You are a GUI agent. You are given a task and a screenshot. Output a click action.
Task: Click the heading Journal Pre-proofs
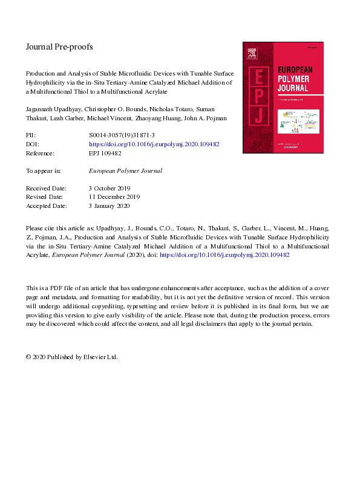59,47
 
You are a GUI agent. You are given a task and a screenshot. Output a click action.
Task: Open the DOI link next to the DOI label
154,145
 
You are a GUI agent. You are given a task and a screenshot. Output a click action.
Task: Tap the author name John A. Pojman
204,118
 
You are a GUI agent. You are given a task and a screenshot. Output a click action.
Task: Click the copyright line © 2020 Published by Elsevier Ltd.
72,357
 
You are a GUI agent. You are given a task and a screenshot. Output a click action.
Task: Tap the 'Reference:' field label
40,154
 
